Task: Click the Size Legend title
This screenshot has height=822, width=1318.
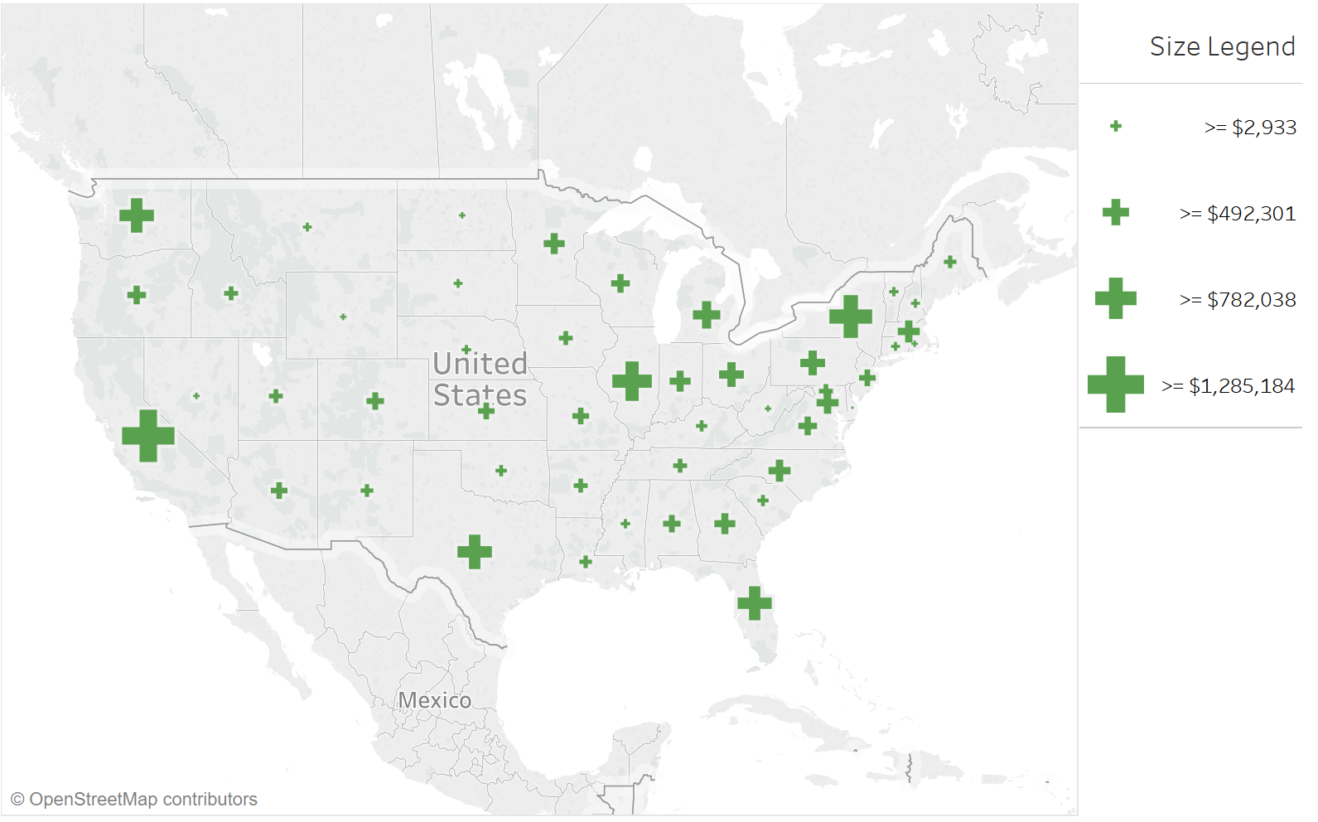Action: coord(1221,46)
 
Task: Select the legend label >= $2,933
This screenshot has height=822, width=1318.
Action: coord(1249,128)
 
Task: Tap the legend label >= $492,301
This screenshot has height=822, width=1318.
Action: coord(1237,214)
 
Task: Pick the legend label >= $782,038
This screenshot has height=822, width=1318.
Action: coord(1237,300)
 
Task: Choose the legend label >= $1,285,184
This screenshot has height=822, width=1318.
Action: coord(1228,386)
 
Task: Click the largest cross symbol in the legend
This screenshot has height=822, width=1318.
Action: coord(1115,384)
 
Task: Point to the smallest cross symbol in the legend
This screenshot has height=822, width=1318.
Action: coord(1115,126)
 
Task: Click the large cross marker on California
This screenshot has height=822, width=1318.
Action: coord(148,435)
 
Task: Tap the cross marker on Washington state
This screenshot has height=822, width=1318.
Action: coord(137,215)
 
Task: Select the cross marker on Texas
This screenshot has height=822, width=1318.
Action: coord(475,552)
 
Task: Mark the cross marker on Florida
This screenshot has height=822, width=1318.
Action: coord(755,603)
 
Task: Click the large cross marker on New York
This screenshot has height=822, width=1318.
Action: coord(851,317)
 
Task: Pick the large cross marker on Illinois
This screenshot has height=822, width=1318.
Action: coord(632,381)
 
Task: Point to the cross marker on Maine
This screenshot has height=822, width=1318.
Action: coord(950,262)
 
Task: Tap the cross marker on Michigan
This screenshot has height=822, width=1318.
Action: coord(707,315)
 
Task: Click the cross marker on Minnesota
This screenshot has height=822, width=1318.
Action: coord(554,244)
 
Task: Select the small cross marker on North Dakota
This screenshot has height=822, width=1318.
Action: coord(462,215)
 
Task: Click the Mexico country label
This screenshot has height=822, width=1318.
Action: coord(434,701)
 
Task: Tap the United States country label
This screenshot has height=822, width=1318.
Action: coord(480,380)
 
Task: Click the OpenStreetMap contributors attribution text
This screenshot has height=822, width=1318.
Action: coord(134,800)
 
